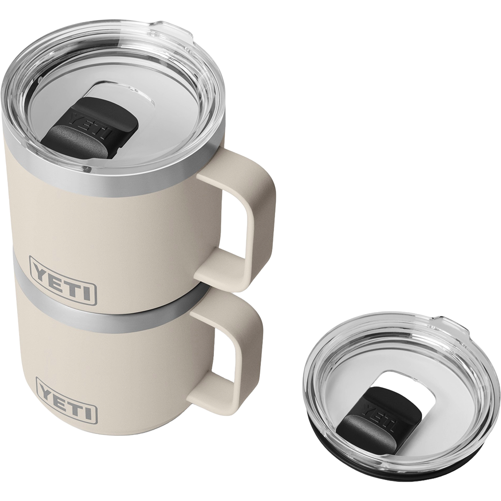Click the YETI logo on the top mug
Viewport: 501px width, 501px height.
coord(63,279)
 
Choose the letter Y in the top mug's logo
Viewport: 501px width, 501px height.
coord(41,270)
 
